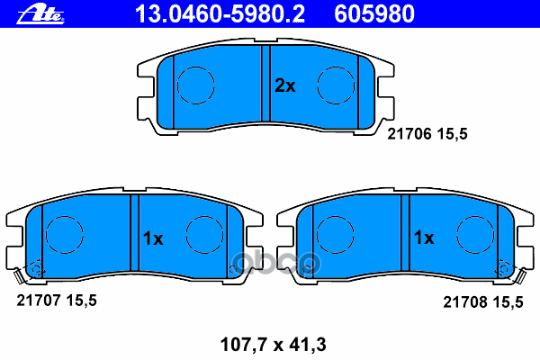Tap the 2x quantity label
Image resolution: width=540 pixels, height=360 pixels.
coord(284,86)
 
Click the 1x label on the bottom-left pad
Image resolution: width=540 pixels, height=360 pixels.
coord(152,238)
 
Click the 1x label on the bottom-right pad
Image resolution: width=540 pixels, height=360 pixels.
coord(423,238)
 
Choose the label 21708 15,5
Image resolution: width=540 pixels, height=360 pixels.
coord(482,302)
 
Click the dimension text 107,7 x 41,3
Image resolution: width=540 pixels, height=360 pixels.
coord(270,342)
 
